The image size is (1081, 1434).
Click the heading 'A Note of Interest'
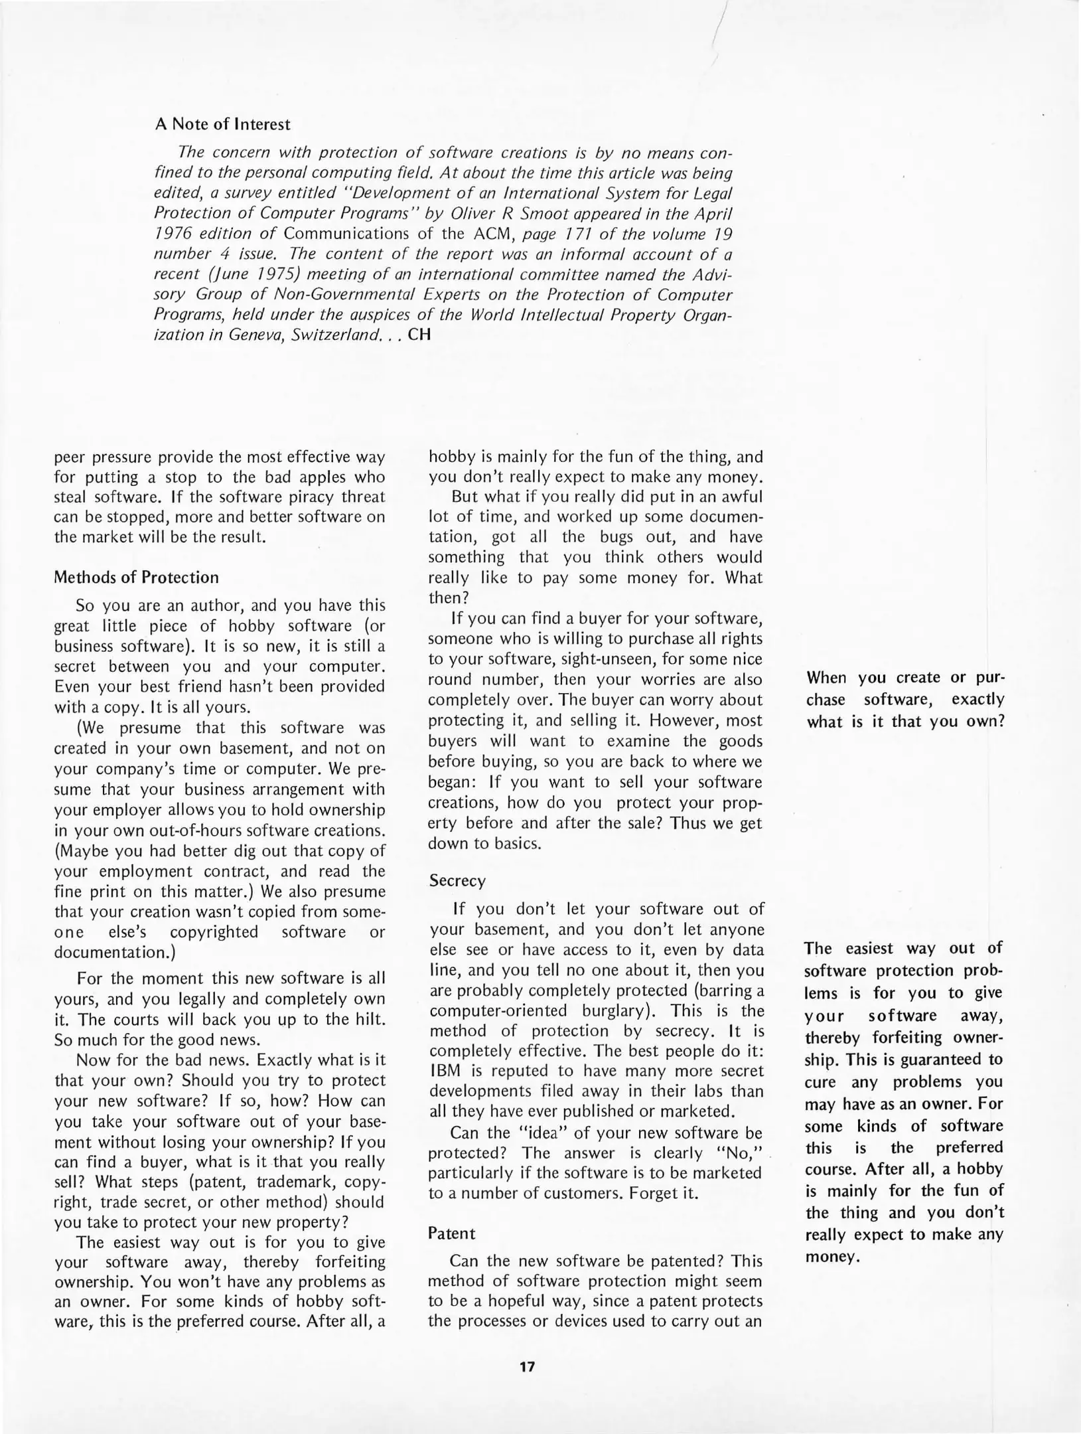tap(222, 124)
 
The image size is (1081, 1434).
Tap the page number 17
tap(527, 1366)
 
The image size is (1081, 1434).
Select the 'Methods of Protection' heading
tap(136, 577)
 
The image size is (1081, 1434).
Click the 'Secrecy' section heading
tap(457, 880)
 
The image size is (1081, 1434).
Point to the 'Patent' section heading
tap(451, 1233)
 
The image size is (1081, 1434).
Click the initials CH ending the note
tap(419, 335)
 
